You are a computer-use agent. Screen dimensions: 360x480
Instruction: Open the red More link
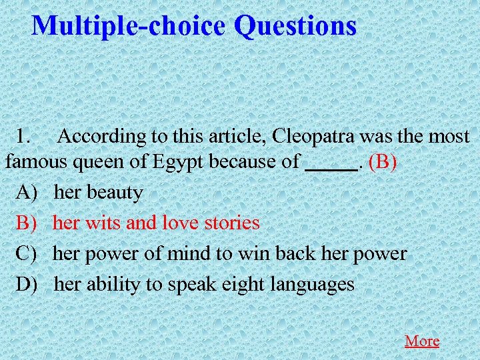pos(422,341)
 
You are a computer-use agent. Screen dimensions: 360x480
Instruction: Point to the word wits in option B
pos(103,223)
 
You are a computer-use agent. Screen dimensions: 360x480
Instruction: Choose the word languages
pos(313,285)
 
